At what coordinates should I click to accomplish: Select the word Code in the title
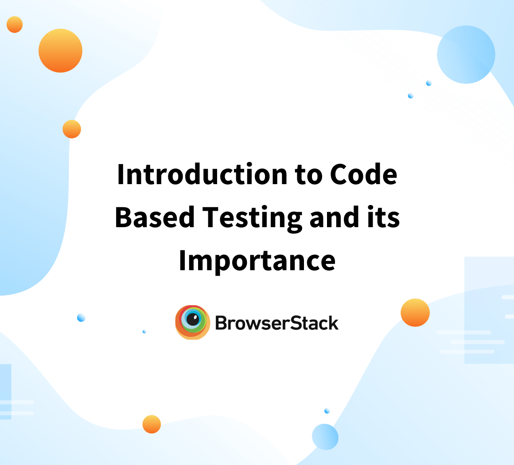coord(363,174)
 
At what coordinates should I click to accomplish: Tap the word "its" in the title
coord(386,217)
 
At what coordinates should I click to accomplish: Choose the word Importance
coord(257,261)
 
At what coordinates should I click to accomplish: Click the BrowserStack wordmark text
coord(277,323)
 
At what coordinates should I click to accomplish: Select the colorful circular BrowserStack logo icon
coord(192,322)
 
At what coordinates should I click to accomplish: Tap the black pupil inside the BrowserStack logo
coord(192,319)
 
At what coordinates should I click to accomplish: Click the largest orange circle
coord(60,51)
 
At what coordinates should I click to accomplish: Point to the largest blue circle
coord(466,55)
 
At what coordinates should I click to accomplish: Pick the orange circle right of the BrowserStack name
coord(415,313)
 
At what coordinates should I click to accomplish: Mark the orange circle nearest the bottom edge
coord(152,424)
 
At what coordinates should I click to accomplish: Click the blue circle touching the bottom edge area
coord(325,437)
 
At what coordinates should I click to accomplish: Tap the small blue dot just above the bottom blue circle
coord(327,411)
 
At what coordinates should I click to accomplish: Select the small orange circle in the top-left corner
coord(15,24)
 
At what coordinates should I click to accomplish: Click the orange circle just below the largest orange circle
coord(72,129)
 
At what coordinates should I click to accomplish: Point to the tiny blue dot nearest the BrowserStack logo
coord(144,331)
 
